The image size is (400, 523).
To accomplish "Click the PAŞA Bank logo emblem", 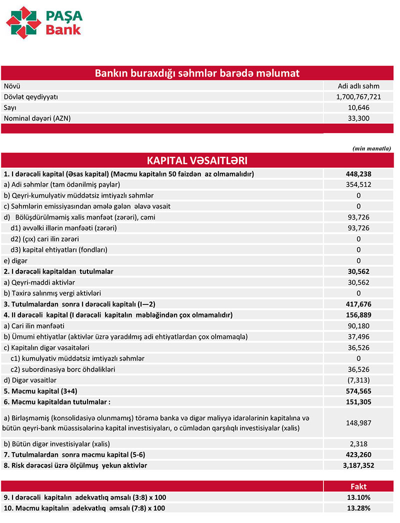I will [x=23, y=22].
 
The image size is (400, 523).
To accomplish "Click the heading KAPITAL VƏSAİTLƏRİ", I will [x=197, y=160].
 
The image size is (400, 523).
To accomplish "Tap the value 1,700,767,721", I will [x=358, y=96].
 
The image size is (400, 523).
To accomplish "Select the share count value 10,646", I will [x=358, y=107].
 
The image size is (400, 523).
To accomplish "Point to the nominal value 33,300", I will [x=358, y=118].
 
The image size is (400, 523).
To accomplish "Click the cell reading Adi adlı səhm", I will [x=358, y=85].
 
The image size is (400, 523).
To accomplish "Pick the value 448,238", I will [x=358, y=174].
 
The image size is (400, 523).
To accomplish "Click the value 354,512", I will [x=358, y=184].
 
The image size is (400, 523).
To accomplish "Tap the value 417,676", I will [x=358, y=303].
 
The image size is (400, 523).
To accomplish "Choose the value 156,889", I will [x=358, y=314].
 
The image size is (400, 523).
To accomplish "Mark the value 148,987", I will [x=358, y=422].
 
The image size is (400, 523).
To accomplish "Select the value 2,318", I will [x=358, y=443].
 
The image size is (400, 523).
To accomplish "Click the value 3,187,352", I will [x=358, y=465].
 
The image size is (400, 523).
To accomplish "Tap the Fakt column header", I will [x=358, y=486].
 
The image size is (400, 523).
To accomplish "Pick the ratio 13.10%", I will [x=358, y=497].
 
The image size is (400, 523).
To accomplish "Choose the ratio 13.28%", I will [x=358, y=508].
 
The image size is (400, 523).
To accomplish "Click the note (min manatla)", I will [x=372, y=148].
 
